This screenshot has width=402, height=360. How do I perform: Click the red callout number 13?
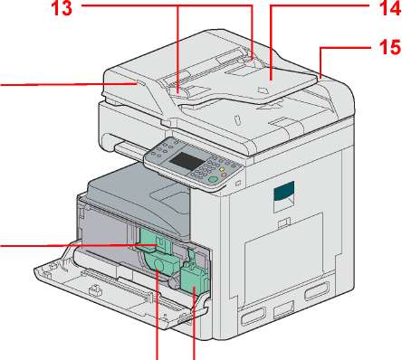(x=62, y=7)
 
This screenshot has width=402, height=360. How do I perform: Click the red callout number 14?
(x=390, y=7)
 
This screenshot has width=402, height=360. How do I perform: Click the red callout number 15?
(x=390, y=48)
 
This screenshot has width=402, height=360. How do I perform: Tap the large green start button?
(x=213, y=179)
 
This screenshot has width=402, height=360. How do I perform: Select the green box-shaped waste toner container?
(x=194, y=278)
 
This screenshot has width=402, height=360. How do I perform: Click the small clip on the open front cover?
(x=94, y=289)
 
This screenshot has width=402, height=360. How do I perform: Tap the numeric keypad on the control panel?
(x=206, y=168)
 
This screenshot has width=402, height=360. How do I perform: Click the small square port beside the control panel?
(x=239, y=183)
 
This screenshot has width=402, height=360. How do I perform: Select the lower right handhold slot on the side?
(x=316, y=291)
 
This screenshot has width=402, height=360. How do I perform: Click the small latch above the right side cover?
(x=284, y=223)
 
